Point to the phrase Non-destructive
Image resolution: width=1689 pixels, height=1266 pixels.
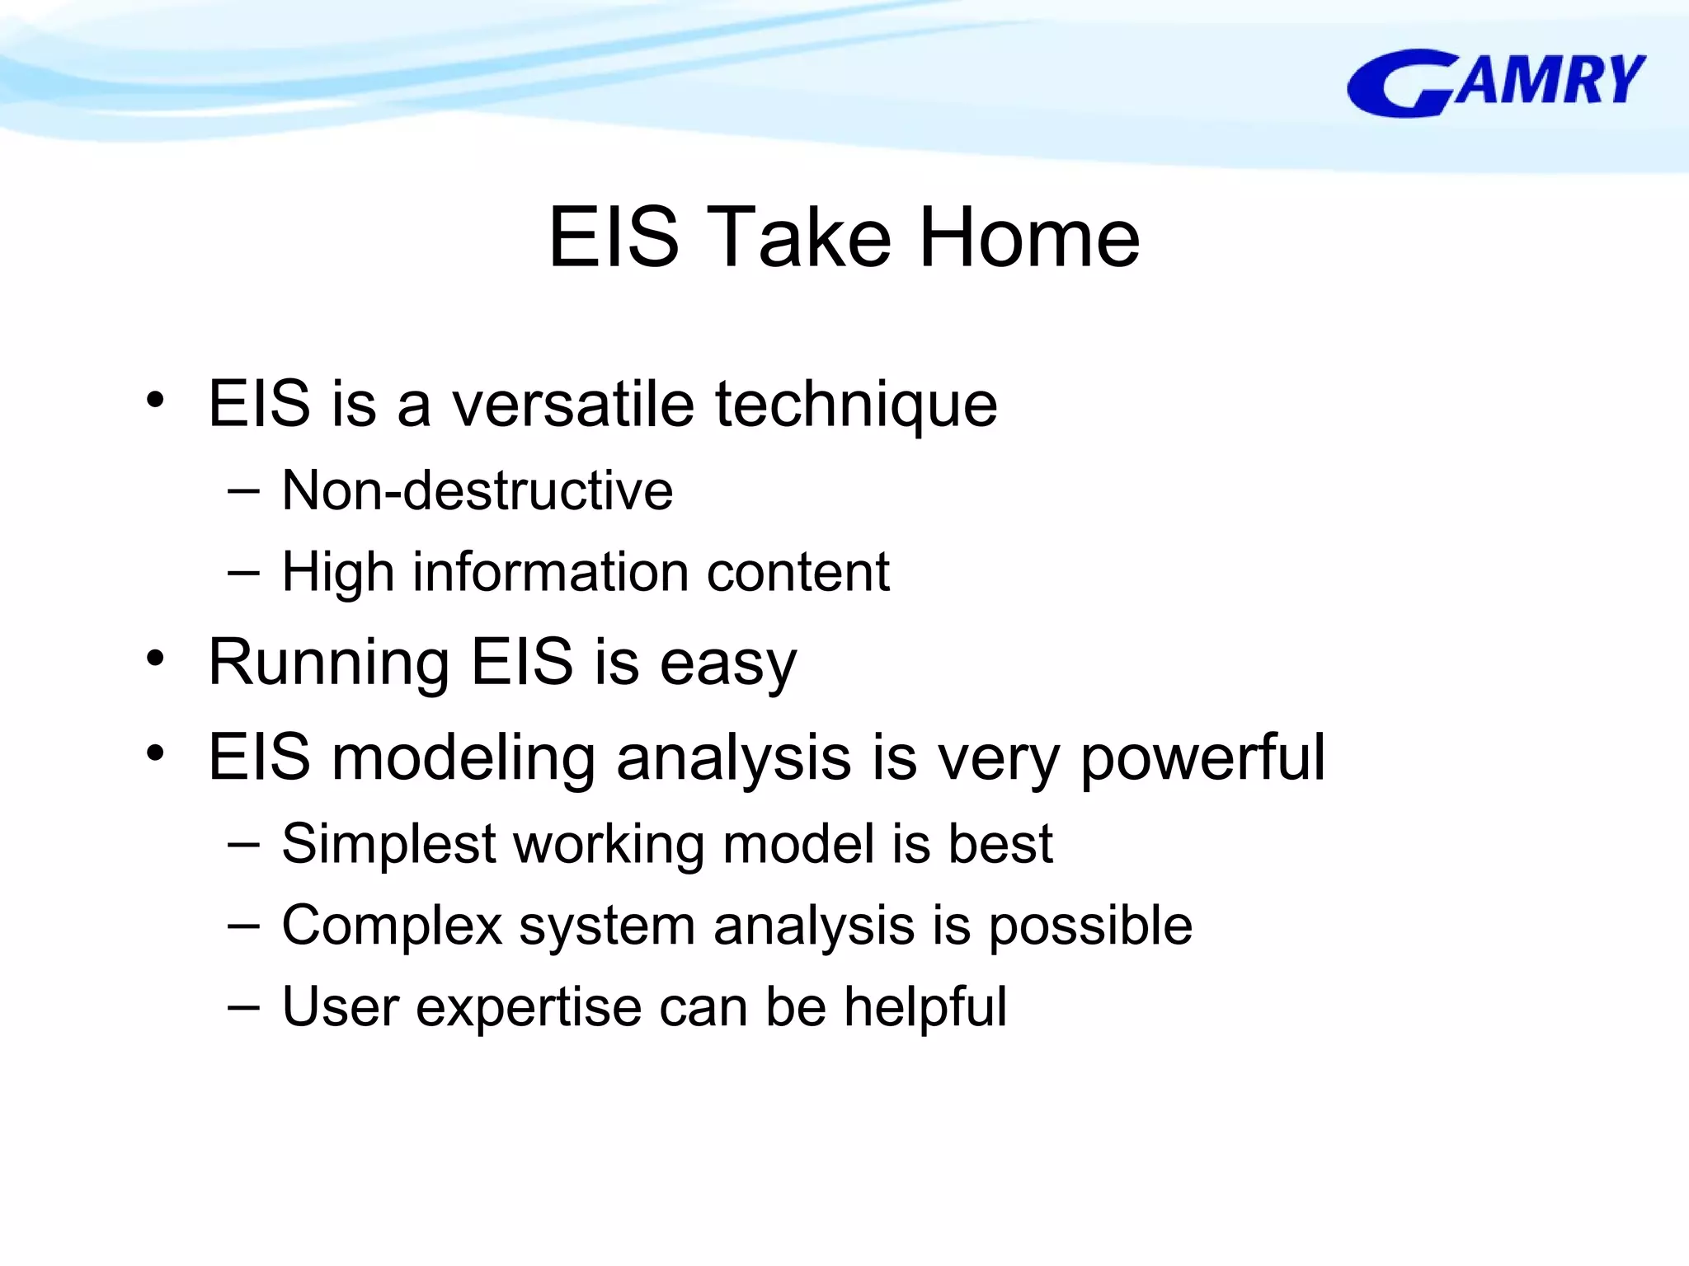[477, 490]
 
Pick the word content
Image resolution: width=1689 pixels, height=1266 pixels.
[797, 572]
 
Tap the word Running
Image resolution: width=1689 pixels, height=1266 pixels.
[328, 663]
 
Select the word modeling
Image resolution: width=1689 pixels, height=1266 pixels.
[463, 757]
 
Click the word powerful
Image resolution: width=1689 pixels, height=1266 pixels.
[1202, 757]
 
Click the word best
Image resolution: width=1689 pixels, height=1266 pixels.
[1000, 844]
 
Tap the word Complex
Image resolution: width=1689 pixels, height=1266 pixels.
[392, 926]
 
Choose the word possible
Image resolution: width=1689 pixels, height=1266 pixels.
[1090, 926]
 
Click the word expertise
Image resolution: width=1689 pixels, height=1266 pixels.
[529, 1007]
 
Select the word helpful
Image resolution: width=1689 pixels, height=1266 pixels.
[924, 1007]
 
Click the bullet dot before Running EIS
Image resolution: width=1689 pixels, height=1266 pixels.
[155, 659]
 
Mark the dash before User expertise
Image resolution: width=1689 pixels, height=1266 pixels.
[243, 1006]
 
